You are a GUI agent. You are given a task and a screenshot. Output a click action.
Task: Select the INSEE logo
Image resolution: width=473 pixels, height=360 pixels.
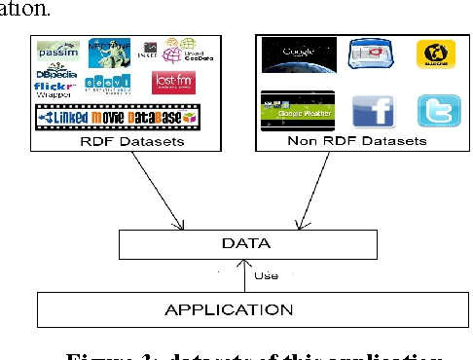click(x=149, y=48)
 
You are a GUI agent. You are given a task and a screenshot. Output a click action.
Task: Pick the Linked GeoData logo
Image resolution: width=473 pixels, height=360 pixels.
click(x=184, y=50)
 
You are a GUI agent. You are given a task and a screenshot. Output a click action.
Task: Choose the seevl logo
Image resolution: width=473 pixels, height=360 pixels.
click(x=104, y=86)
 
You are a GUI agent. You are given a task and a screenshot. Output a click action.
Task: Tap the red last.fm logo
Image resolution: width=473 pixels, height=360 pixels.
click(x=173, y=82)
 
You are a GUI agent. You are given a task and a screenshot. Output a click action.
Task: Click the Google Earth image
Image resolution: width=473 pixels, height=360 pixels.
click(x=298, y=53)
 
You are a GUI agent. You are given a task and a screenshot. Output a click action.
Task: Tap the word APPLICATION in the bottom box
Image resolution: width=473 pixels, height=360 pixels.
click(x=242, y=310)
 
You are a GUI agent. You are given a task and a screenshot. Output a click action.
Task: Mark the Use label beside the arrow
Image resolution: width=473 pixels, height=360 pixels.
click(x=266, y=276)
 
